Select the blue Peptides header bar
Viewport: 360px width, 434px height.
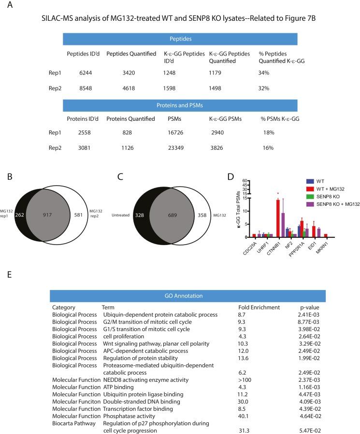(180, 39)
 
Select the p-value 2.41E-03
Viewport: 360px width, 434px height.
(310, 315)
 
